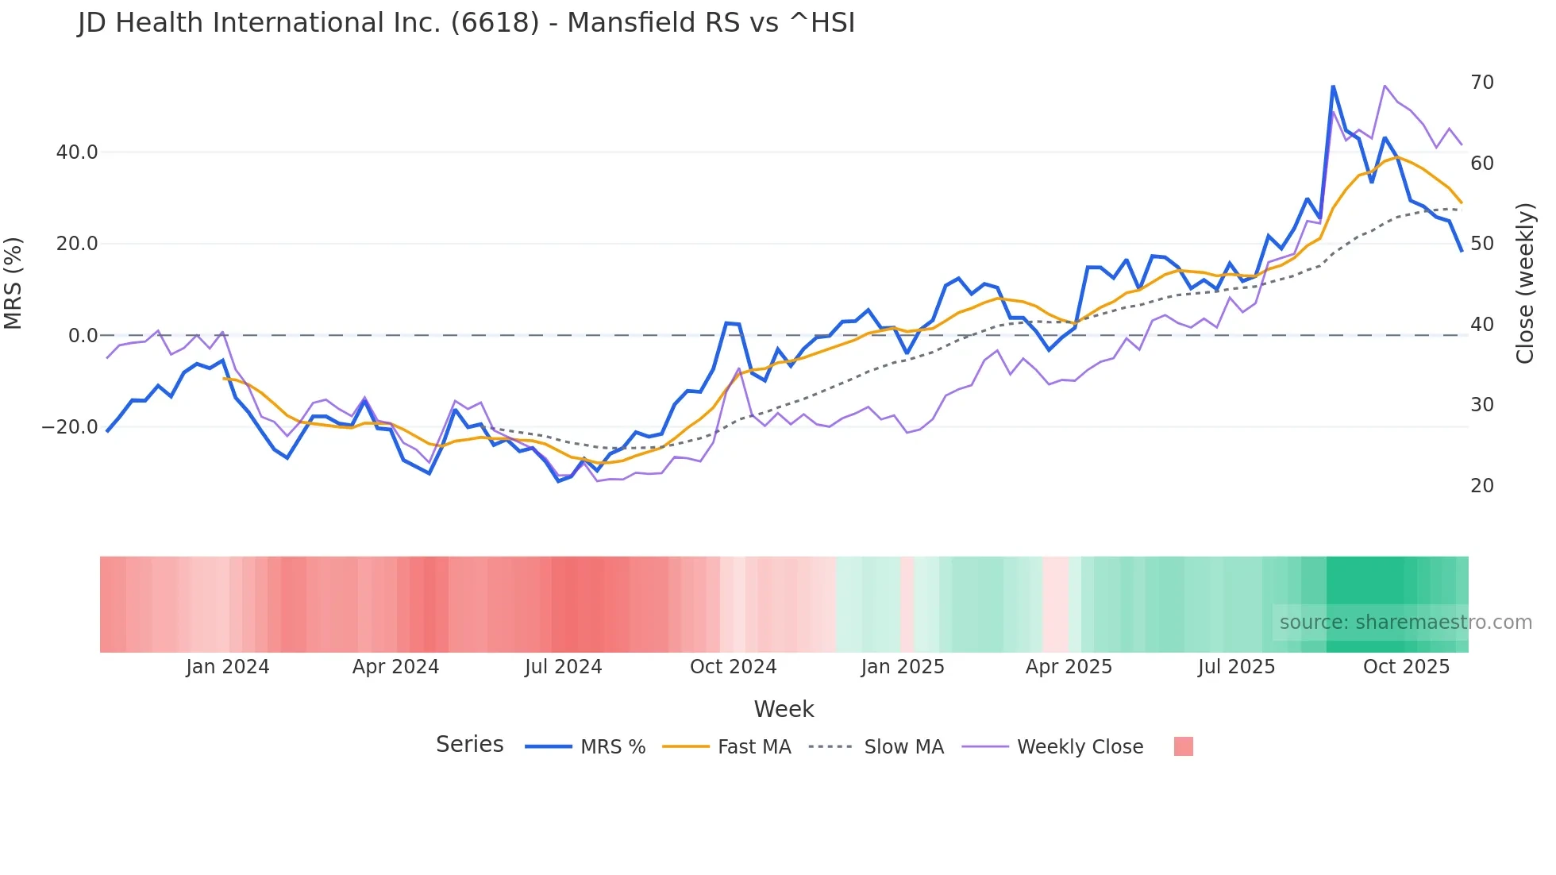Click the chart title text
466,23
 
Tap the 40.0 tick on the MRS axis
77,152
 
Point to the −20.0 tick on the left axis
70,427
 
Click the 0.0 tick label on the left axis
83,336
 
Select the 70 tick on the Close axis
1481,83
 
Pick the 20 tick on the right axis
1481,486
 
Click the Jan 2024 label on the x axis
228,667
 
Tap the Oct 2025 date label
1406,667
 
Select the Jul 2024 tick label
563,667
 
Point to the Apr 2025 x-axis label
1069,667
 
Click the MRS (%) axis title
13,283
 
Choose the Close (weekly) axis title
1525,283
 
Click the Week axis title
784,709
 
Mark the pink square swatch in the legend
1183,746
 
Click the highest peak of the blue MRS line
1333,86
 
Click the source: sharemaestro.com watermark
1405,623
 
